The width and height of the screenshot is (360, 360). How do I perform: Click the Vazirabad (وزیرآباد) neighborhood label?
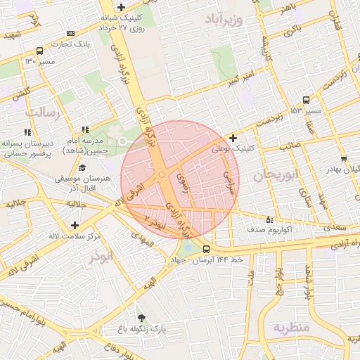tap(224, 19)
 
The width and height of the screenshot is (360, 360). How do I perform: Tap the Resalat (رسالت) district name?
tap(44, 111)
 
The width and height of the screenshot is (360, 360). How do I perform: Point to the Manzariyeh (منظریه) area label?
tap(292, 328)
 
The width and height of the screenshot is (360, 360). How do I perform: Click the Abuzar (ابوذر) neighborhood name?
tap(101, 257)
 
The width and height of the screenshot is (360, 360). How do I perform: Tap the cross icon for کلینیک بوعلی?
tap(233, 138)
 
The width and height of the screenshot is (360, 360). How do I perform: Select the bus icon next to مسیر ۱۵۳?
tap(305, 101)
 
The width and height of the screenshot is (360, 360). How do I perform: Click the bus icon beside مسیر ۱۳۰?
tap(39, 51)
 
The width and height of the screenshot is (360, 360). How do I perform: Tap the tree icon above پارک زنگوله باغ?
tap(141, 318)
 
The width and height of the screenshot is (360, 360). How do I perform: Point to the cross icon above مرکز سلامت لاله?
tap(75, 225)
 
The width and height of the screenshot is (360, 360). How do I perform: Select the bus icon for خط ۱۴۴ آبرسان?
tap(206, 249)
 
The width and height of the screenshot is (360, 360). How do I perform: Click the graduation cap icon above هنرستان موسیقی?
tap(83, 168)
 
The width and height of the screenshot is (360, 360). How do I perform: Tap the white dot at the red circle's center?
tap(162, 174)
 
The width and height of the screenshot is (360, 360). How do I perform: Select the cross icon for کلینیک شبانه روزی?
tap(122, 7)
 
